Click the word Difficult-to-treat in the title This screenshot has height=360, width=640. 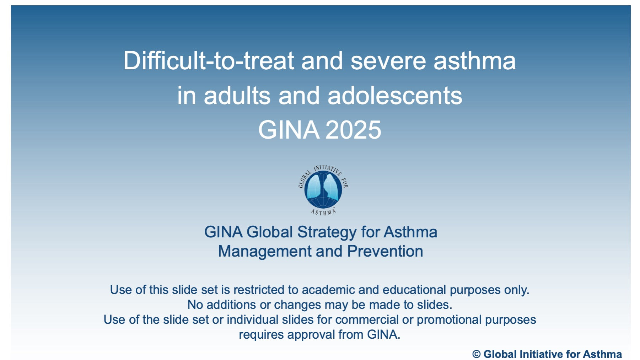pos(209,60)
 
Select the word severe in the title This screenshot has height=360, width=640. pos(388,61)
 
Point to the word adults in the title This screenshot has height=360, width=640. pos(237,96)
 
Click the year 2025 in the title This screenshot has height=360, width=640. pos(353,130)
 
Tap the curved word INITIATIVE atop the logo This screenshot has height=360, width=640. pos(328,169)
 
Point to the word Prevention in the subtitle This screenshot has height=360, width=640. pos(385,251)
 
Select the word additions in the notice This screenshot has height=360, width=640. pos(231,305)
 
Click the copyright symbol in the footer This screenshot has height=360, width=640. pos(476,354)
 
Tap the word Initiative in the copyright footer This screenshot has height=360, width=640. pos(541,354)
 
